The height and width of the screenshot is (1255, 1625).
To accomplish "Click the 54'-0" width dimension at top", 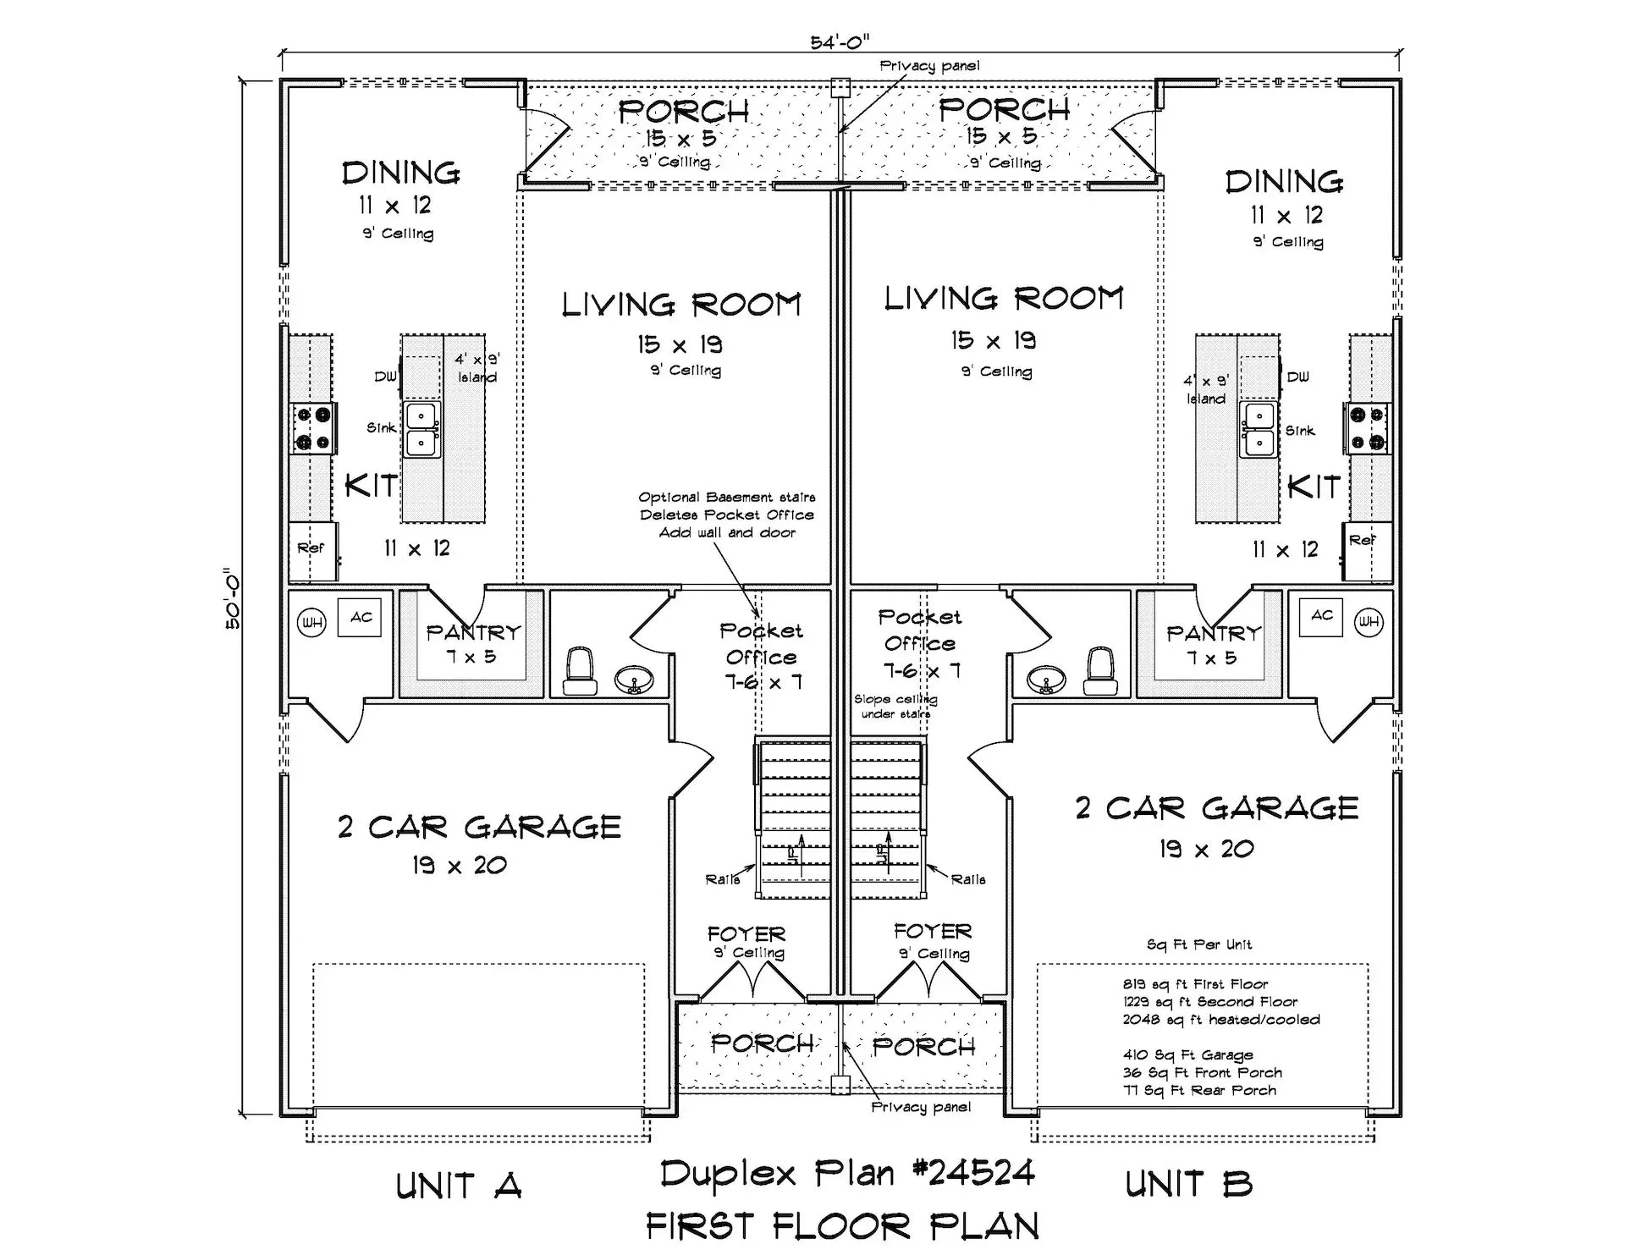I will click(839, 42).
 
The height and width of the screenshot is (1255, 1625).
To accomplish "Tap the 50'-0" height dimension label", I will click(232, 598).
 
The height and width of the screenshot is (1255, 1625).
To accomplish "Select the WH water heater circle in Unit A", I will click(311, 624).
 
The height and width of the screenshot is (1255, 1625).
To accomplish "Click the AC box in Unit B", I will click(1322, 616).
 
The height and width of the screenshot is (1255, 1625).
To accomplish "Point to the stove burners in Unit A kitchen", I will click(312, 428).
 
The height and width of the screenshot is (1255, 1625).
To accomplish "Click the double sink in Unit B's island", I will click(1258, 429).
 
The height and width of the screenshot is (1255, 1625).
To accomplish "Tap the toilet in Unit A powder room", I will click(581, 671).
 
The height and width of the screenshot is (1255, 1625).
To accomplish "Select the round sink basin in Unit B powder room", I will click(1046, 679).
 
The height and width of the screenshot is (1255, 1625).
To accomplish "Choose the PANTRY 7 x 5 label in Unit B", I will click(1213, 645).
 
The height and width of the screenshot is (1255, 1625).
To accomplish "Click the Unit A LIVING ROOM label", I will click(681, 305).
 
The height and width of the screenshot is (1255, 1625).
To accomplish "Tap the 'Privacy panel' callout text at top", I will click(929, 66).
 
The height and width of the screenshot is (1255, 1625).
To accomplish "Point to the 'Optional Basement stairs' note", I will click(727, 498).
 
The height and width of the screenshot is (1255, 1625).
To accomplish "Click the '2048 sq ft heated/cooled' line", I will click(1220, 1020).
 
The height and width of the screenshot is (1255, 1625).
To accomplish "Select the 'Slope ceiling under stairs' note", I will click(895, 707).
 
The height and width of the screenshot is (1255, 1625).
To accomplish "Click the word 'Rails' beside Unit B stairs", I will click(967, 880).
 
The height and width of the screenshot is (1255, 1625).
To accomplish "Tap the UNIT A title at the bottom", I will click(458, 1186).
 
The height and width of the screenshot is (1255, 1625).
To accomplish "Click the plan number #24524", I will click(973, 1173).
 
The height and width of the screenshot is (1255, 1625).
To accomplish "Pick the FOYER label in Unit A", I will click(746, 934).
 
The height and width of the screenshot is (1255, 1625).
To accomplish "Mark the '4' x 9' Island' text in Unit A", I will click(477, 368).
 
